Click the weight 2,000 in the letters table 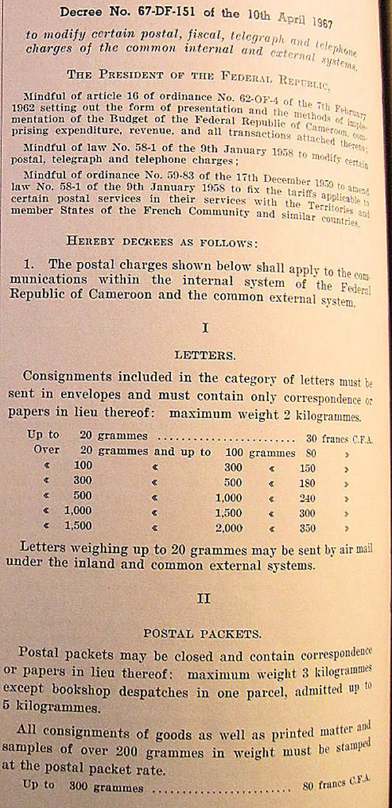click(229, 529)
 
